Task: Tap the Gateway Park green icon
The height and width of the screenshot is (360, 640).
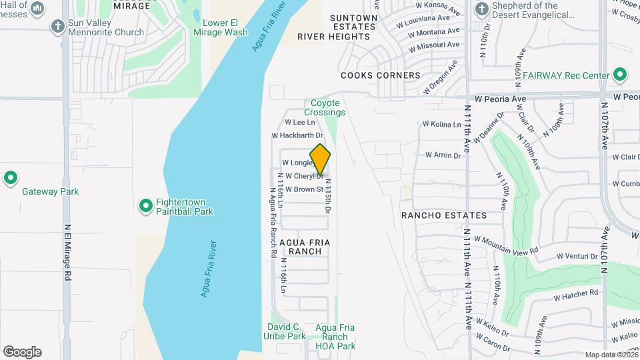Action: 10,178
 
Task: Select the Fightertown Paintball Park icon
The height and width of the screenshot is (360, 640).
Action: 146,206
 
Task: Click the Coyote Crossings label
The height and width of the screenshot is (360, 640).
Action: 327,108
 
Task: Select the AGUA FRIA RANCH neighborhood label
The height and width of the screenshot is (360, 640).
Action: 305,246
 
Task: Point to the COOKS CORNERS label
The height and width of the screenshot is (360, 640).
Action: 381,76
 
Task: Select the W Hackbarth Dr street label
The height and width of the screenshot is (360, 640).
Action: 297,135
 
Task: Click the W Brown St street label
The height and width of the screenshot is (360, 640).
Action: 304,189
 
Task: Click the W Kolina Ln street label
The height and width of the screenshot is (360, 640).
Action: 441,125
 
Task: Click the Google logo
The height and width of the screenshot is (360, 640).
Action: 22,352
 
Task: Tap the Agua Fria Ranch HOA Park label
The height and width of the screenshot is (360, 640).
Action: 335,337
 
